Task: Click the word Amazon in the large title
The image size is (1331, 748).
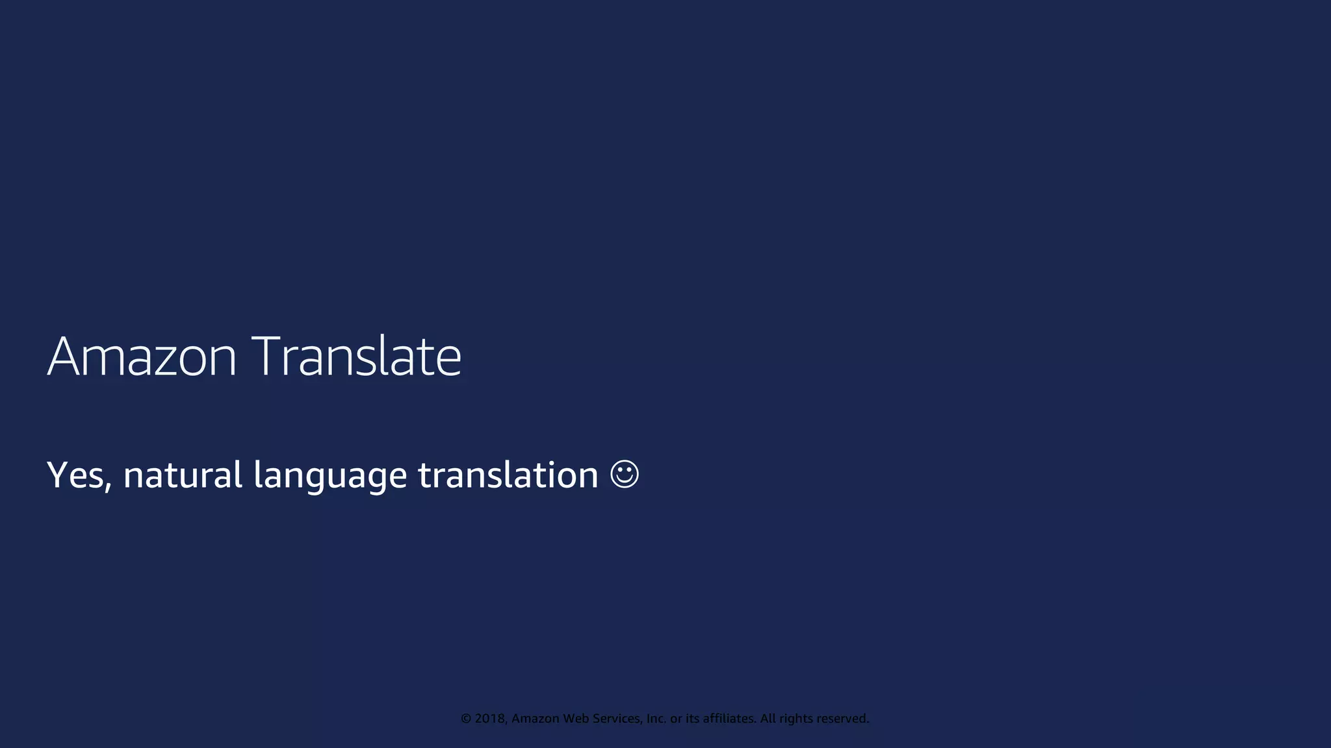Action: point(142,356)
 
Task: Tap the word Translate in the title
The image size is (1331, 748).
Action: point(356,356)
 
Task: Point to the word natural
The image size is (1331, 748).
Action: point(183,475)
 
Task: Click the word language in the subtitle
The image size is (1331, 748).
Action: point(330,476)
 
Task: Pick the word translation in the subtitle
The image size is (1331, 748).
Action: point(508,475)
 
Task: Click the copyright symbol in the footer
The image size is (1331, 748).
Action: point(466,719)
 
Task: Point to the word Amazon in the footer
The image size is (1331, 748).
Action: point(536,719)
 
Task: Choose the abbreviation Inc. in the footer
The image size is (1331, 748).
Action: point(656,719)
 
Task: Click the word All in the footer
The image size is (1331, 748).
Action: point(768,719)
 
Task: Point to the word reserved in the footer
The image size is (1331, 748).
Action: point(843,719)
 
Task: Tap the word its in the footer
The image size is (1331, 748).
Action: point(693,719)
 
